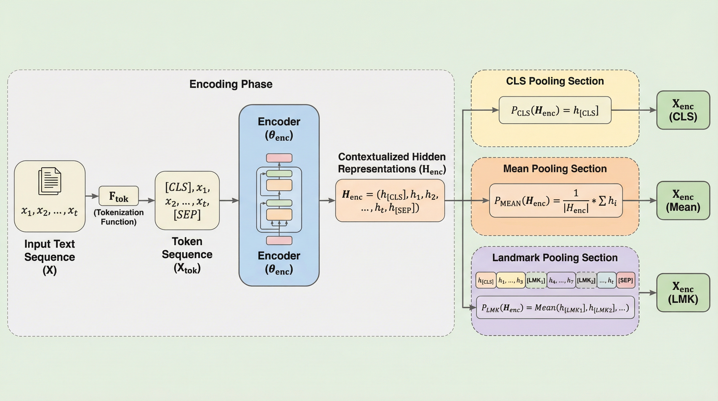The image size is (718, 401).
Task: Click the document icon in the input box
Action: point(50,181)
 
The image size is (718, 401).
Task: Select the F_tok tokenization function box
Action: point(119,196)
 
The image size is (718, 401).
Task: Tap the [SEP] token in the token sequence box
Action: point(187,214)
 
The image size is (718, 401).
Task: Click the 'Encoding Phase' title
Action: point(231,84)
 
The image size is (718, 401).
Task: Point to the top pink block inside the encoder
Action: point(279,158)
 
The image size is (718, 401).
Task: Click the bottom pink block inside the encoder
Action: point(279,240)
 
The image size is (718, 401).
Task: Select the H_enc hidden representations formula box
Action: point(390,200)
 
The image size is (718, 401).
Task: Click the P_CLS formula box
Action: point(555,110)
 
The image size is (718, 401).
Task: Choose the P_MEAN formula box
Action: point(555,200)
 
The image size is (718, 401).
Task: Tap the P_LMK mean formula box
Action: point(555,308)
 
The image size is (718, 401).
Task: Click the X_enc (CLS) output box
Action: point(683,110)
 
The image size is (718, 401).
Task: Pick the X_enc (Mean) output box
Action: point(683,200)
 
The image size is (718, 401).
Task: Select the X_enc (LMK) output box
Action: point(683,292)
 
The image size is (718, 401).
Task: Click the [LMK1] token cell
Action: point(536,280)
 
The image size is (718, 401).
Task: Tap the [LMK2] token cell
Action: point(586,280)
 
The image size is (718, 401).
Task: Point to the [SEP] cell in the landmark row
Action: point(625,280)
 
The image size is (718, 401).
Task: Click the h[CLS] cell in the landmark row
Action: point(486,280)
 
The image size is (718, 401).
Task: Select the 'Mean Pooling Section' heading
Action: point(555,169)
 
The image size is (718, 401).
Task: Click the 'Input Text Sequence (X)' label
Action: point(50,257)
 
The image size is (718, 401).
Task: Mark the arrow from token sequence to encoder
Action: point(229,200)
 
